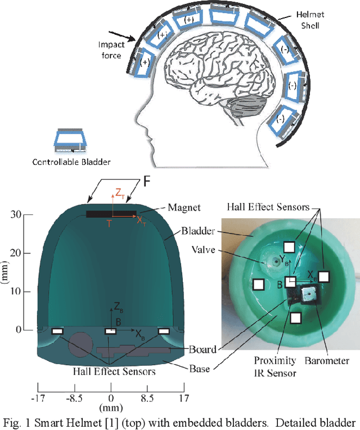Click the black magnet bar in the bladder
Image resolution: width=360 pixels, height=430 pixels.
tap(111, 214)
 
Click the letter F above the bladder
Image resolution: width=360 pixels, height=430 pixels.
tap(146, 182)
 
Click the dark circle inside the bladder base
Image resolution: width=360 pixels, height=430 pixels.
tap(79, 344)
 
